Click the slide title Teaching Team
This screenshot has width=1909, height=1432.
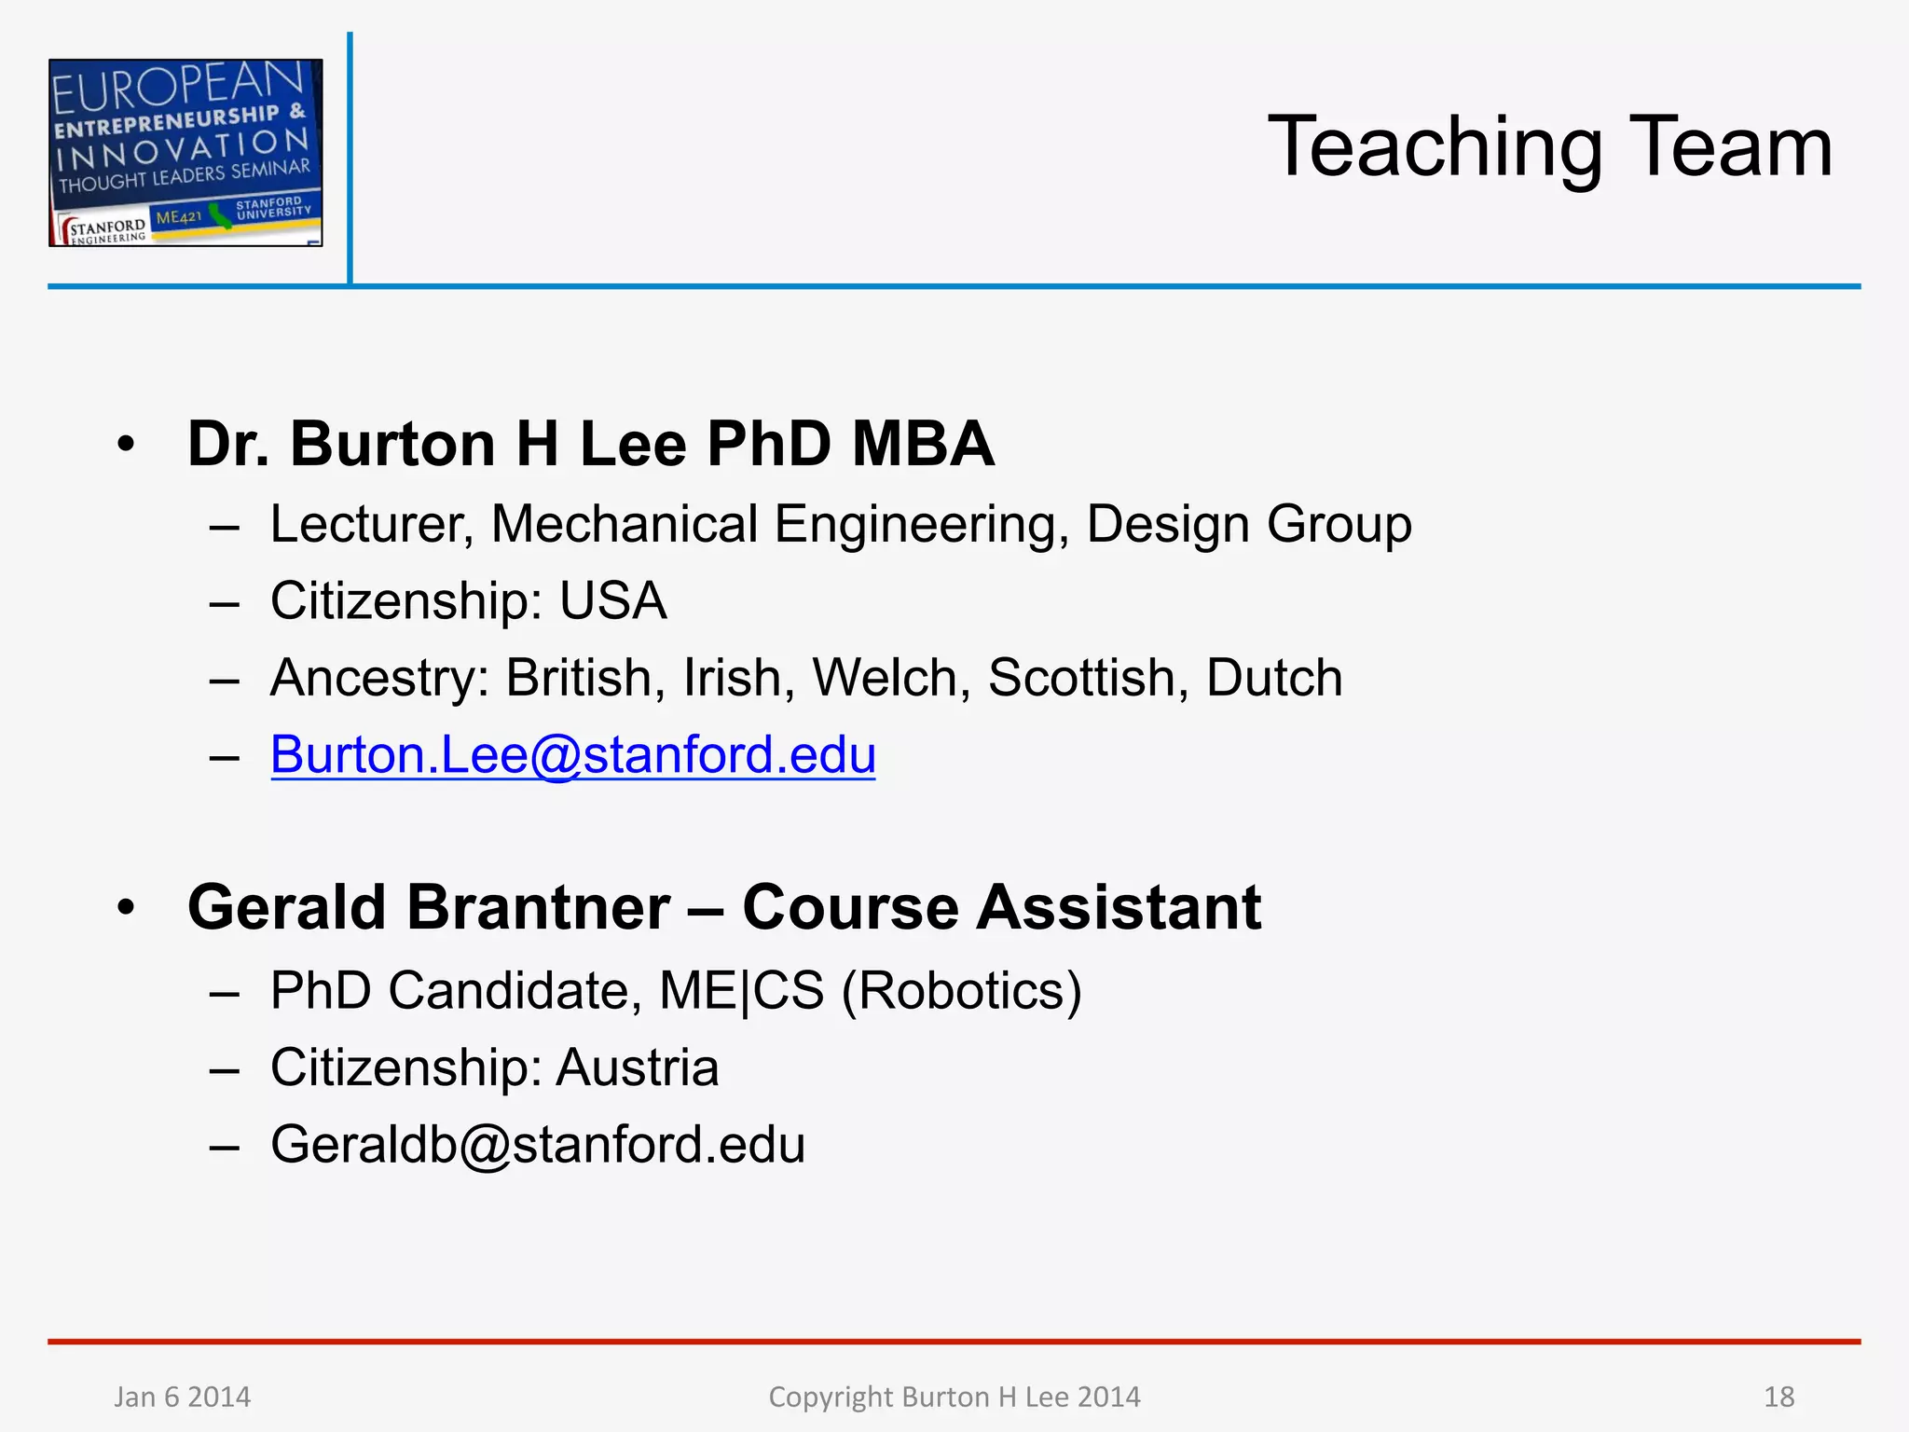pyautogui.click(x=1549, y=147)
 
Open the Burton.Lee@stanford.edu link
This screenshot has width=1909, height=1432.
pyautogui.click(x=572, y=754)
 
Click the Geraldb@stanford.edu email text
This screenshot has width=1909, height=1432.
pyautogui.click(x=538, y=1145)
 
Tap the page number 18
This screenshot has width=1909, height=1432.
pyautogui.click(x=1779, y=1397)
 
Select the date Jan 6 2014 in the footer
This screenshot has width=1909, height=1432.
pyautogui.click(x=183, y=1397)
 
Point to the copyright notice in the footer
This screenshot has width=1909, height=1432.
pyautogui.click(x=954, y=1397)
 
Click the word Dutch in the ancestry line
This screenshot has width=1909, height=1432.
pyautogui.click(x=1274, y=678)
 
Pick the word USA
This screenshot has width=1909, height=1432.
pyautogui.click(x=612, y=600)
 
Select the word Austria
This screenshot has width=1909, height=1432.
pyautogui.click(x=638, y=1067)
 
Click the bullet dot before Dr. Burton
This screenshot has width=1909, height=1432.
pyautogui.click(x=127, y=444)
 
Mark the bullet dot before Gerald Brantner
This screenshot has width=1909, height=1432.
pyautogui.click(x=127, y=907)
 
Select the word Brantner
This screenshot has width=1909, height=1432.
pyautogui.click(x=538, y=907)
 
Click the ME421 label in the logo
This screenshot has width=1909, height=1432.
pyautogui.click(x=178, y=218)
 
